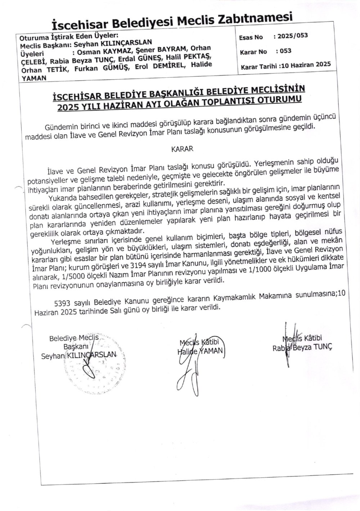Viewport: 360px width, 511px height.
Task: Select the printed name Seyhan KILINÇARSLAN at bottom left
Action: tap(79, 355)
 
